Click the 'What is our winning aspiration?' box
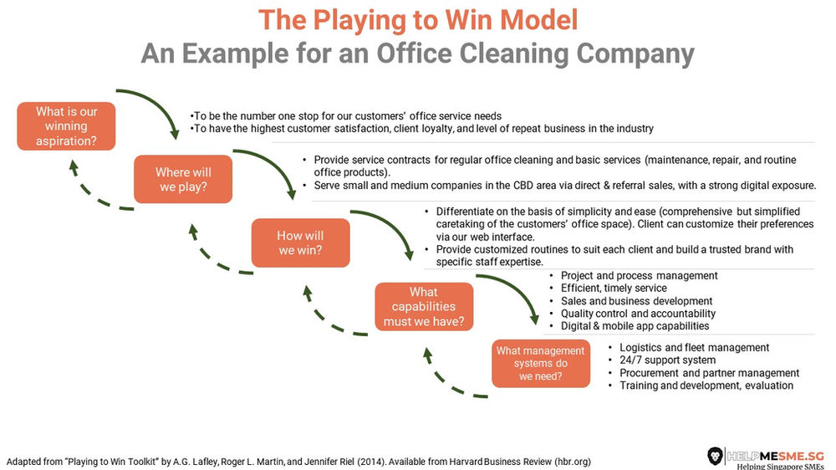coord(66,126)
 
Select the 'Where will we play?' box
coord(184,180)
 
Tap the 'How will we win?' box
coord(300,243)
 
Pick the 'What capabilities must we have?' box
coord(424,306)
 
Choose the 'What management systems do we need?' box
coord(540,363)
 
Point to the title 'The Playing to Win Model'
coord(417,19)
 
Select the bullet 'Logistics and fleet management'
coord(694,347)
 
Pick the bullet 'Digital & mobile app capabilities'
coord(635,326)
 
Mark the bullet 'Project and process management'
coord(639,276)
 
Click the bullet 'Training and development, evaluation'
coord(706,386)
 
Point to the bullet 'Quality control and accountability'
coord(638,314)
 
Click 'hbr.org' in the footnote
coord(573,462)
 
